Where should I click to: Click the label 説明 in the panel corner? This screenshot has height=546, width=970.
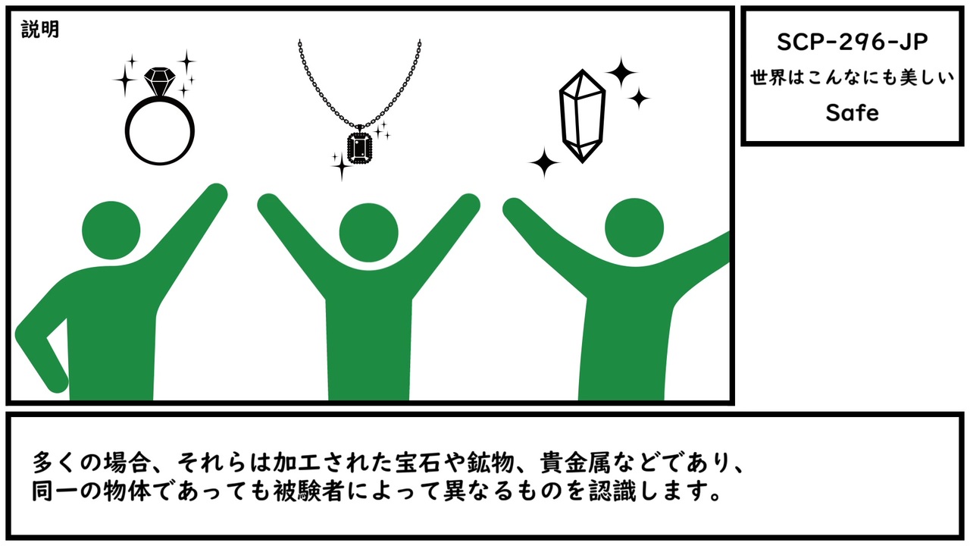pos(40,30)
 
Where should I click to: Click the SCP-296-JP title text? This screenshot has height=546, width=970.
pos(852,42)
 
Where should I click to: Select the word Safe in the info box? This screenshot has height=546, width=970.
pos(852,113)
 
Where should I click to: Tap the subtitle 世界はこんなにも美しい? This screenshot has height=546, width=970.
pos(852,78)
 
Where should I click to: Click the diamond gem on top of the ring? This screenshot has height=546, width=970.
pos(160,81)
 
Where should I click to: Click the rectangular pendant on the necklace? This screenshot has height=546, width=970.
pos(359,148)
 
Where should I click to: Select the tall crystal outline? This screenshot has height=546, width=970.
pos(582,116)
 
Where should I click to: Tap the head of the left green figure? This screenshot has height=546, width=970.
pos(111,230)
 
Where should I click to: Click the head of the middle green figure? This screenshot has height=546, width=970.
pos(368,233)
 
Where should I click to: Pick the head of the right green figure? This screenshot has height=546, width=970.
pos(634,227)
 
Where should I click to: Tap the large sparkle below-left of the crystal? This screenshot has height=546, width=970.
pos(544,162)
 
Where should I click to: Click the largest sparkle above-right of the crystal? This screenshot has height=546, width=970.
pos(621,72)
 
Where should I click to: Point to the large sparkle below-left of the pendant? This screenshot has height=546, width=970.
pos(342,165)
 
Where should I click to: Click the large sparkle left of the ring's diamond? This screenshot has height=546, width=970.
pos(125,80)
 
